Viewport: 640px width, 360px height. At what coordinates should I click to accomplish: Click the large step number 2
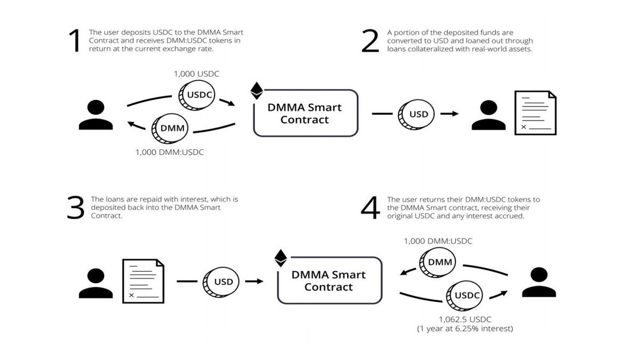point(370,41)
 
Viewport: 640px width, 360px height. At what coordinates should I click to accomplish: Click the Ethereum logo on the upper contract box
point(257,91)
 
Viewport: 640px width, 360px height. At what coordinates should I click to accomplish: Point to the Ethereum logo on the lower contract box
point(281,258)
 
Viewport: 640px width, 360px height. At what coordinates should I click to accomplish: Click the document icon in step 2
point(535,113)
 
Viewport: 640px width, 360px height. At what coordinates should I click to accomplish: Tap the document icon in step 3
point(143,281)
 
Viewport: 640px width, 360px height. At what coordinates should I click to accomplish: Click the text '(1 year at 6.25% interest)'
point(465,329)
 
